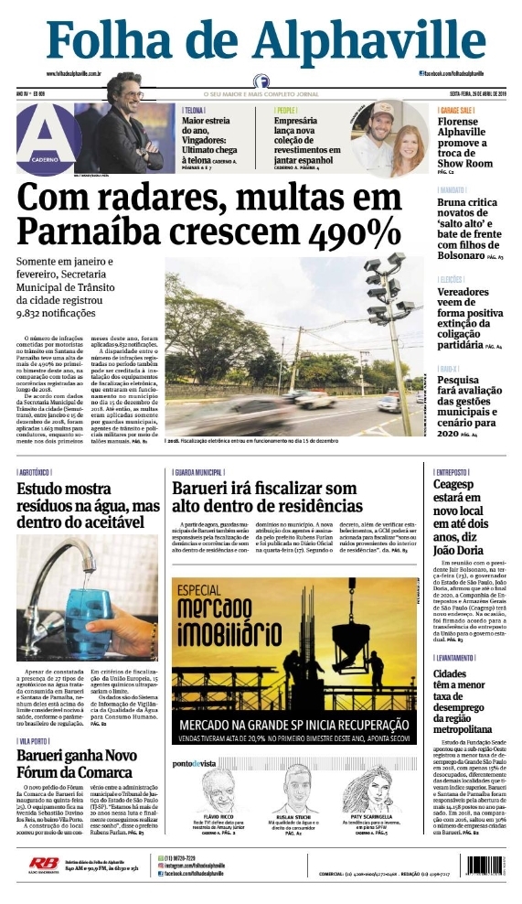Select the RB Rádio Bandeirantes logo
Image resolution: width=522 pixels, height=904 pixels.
point(42,863)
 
